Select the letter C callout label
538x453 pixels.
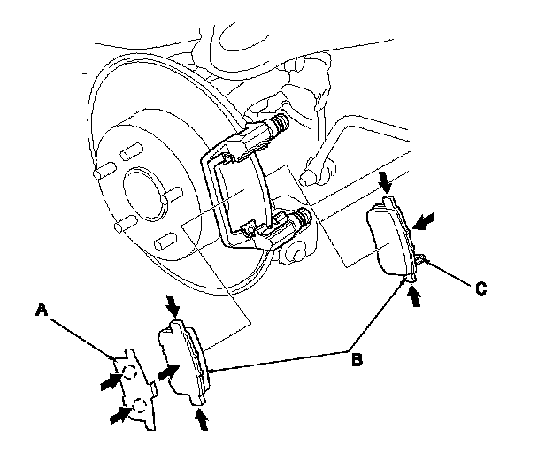point(479,287)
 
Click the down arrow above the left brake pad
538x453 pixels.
point(173,305)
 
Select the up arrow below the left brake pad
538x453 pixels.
point(201,418)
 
